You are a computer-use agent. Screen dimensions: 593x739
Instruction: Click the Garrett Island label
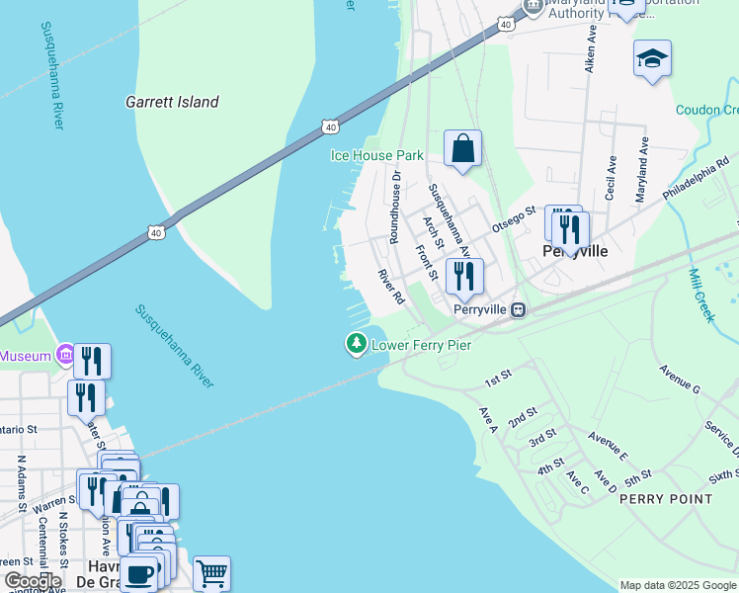pyautogui.click(x=172, y=102)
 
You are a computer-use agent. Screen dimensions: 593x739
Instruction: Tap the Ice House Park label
pyautogui.click(x=376, y=155)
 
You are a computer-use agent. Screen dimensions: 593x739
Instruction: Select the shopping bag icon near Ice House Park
pyautogui.click(x=462, y=149)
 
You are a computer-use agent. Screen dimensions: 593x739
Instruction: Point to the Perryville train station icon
pyautogui.click(x=518, y=309)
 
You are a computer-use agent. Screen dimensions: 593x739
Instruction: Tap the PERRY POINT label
pyautogui.click(x=665, y=499)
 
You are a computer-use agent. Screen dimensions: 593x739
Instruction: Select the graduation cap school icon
pyautogui.click(x=652, y=59)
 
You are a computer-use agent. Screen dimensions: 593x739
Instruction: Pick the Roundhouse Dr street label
pyautogui.click(x=395, y=206)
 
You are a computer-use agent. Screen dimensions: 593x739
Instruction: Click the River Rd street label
pyautogui.click(x=392, y=285)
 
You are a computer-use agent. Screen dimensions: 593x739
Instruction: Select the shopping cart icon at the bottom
pyautogui.click(x=211, y=572)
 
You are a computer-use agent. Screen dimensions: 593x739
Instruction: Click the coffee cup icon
pyautogui.click(x=138, y=574)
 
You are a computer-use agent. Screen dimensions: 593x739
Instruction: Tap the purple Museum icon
pyautogui.click(x=65, y=354)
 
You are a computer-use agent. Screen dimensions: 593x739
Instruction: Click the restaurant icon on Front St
pyautogui.click(x=463, y=276)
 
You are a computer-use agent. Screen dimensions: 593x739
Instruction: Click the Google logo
pyautogui.click(x=32, y=581)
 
